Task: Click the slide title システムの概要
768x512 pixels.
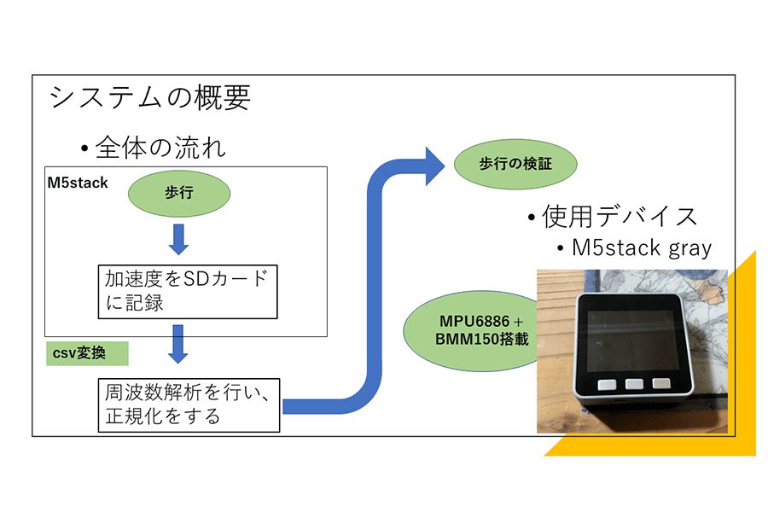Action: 150,97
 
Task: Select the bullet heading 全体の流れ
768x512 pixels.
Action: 160,148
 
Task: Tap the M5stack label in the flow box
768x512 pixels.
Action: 78,183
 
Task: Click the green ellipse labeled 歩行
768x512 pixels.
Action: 179,194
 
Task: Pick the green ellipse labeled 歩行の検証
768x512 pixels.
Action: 515,164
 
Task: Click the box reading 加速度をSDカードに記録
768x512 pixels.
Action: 188,292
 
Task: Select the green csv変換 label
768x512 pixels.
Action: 87,353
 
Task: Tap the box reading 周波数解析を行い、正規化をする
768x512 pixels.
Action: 189,405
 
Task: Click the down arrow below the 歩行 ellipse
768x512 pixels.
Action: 179,240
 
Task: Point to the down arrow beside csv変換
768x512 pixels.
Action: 178,344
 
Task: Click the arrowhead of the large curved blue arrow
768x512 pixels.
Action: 434,166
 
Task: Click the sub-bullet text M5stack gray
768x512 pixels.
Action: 642,248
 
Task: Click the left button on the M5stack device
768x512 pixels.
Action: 607,385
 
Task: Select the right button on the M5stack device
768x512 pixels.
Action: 661,383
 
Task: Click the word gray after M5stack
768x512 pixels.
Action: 690,249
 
